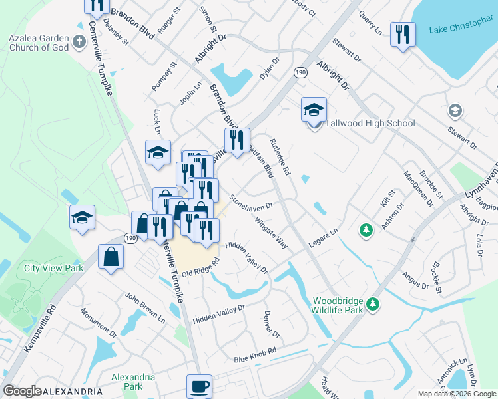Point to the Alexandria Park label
[x=133, y=382]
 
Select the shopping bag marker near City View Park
[x=111, y=257]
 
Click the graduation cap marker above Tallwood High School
[x=314, y=109]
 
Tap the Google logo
[x=22, y=391]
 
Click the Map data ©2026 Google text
[x=456, y=394]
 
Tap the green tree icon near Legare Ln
[x=366, y=231]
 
